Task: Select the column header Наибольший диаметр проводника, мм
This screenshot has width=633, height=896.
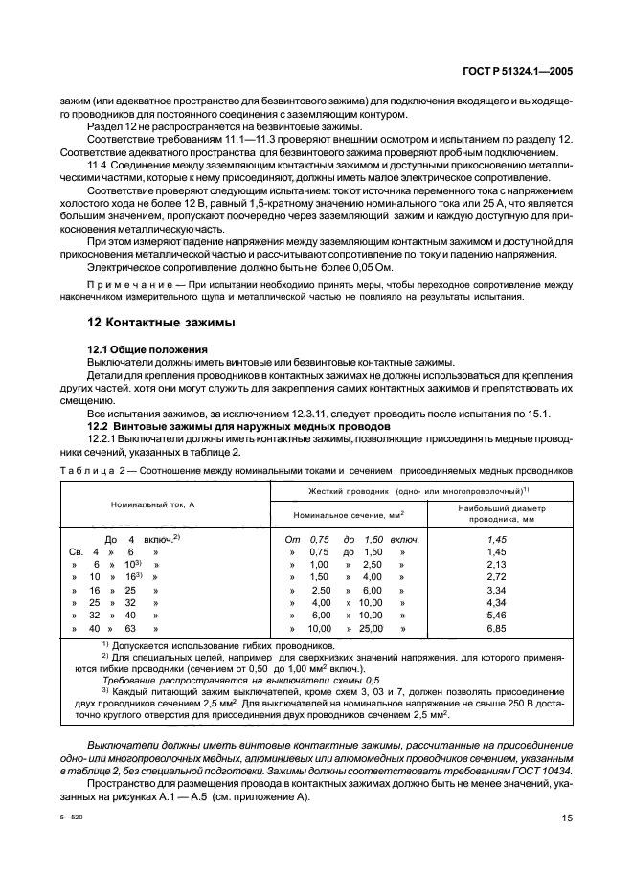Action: (495, 514)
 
